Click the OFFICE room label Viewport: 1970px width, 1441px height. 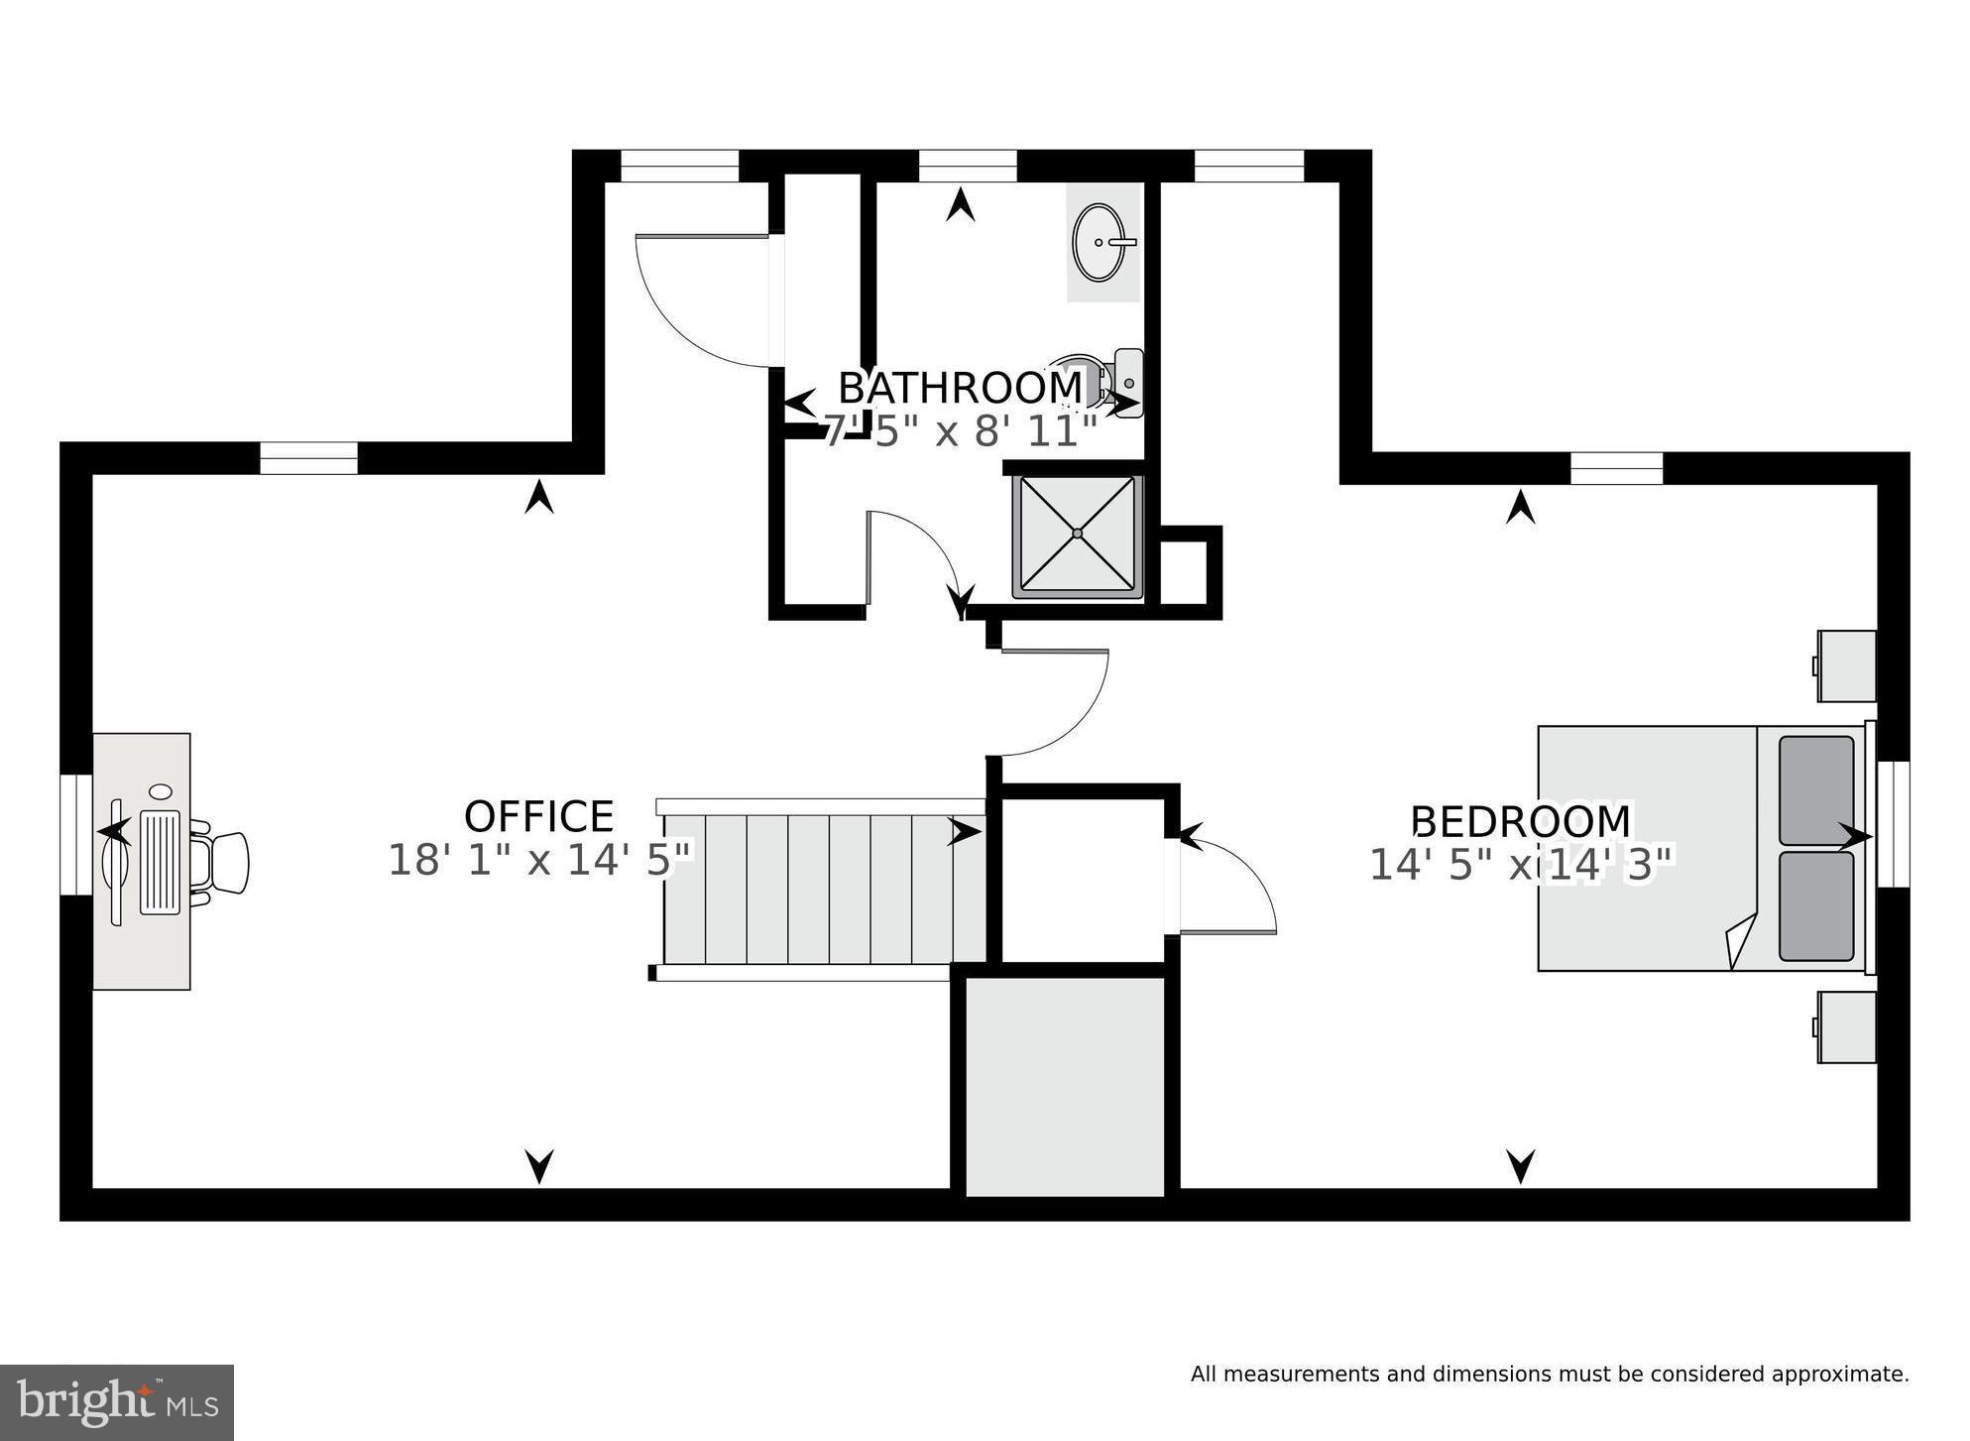click(538, 817)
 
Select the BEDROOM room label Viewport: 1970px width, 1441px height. click(1520, 822)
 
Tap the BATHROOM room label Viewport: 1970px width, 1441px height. click(960, 388)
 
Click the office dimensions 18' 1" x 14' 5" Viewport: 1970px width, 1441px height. click(538, 860)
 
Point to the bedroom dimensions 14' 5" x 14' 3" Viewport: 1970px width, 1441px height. click(1520, 865)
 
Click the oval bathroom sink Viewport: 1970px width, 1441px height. click(1101, 242)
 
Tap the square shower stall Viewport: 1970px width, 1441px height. click(1077, 537)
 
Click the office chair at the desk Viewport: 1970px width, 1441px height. click(223, 863)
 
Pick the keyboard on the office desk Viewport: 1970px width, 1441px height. click(161, 861)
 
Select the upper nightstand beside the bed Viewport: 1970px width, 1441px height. click(1845, 666)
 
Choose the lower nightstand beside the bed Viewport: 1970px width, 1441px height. click(1845, 1027)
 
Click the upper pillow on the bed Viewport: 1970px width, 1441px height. click(1815, 789)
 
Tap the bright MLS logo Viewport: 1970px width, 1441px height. click(117, 1401)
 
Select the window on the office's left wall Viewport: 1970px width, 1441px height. click(75, 834)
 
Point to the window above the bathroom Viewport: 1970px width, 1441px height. click(967, 166)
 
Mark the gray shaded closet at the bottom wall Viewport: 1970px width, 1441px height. click(1065, 1086)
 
